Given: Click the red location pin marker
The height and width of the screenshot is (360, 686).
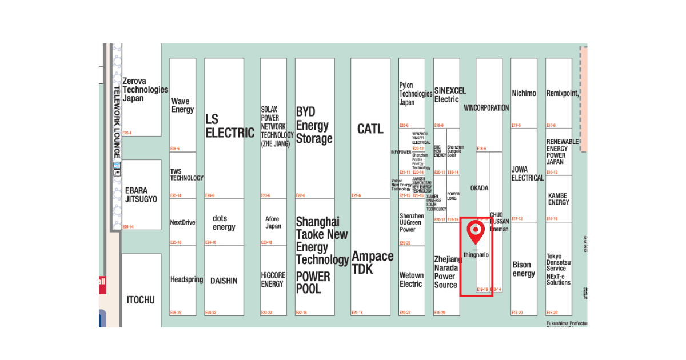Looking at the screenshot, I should (x=476, y=231).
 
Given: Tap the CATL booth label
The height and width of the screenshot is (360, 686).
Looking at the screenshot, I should (x=370, y=129).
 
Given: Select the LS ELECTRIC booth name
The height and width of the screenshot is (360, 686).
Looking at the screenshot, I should (x=229, y=126).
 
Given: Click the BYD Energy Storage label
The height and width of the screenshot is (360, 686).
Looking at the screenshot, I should (x=314, y=125).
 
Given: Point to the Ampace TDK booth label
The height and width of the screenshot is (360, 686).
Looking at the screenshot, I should (x=372, y=263).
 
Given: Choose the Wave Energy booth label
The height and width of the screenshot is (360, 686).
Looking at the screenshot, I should (x=182, y=106).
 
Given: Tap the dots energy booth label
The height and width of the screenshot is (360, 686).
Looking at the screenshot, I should (x=224, y=222).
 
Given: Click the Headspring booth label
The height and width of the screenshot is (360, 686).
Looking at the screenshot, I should (x=186, y=279).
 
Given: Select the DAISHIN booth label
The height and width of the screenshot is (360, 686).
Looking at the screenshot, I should (x=224, y=281).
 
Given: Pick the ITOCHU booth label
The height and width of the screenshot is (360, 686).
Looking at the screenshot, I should (x=141, y=299).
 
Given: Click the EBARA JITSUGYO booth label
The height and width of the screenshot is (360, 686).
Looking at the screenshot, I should (x=141, y=195).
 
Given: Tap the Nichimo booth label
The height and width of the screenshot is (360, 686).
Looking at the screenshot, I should (x=524, y=93).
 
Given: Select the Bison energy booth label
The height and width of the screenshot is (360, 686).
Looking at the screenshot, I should (x=523, y=269).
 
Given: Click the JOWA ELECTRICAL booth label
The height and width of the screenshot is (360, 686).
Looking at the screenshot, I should (x=527, y=174).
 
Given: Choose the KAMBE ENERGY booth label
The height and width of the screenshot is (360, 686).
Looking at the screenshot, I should (x=559, y=199).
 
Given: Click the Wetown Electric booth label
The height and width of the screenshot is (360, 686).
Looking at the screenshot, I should (x=411, y=279).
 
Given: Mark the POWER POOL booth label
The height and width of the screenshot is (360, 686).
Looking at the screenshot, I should (x=313, y=282).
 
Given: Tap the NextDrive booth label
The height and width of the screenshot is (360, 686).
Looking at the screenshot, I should (x=182, y=222).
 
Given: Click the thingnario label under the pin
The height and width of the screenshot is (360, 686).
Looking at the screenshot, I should (x=476, y=255).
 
